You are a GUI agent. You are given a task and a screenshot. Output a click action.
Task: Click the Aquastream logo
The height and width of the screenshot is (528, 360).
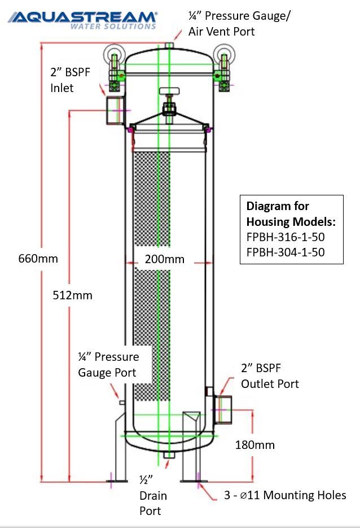point(82,19)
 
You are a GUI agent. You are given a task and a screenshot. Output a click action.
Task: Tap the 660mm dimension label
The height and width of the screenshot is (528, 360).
point(38,259)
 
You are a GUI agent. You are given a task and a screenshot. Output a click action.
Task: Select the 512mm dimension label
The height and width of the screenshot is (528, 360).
point(72,295)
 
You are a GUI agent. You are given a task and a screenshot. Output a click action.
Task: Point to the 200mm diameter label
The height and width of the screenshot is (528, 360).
point(164,259)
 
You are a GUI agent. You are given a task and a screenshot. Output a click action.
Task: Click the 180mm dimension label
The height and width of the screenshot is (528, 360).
point(254,445)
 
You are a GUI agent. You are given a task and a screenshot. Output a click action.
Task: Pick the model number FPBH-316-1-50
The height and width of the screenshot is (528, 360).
point(286,237)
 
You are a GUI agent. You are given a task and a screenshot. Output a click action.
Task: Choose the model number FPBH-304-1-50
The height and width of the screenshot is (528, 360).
point(286,252)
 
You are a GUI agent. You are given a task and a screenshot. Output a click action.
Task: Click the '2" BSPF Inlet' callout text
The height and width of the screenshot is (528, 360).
point(69,80)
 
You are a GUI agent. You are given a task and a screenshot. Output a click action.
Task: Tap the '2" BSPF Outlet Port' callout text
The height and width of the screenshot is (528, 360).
point(270,376)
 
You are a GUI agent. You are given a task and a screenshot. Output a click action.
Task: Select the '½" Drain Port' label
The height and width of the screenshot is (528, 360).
point(153,495)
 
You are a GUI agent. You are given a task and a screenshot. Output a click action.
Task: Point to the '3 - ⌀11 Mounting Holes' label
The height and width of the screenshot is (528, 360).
point(286,495)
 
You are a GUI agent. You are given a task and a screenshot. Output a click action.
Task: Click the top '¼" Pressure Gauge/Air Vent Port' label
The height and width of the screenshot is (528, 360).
point(239,24)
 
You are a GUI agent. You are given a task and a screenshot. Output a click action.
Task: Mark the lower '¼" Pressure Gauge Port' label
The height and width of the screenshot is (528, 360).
point(108,365)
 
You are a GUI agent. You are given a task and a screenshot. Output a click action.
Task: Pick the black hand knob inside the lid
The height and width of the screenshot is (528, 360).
point(169,91)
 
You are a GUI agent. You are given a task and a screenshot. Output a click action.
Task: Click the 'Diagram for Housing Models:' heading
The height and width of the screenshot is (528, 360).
point(291,213)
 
